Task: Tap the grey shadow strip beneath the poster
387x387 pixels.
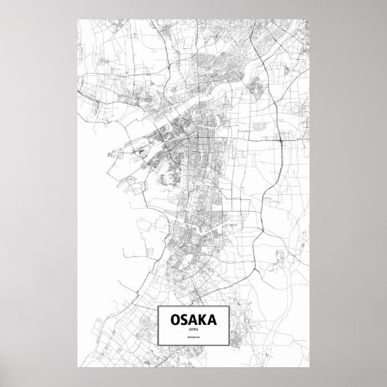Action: [x=193, y=382]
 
